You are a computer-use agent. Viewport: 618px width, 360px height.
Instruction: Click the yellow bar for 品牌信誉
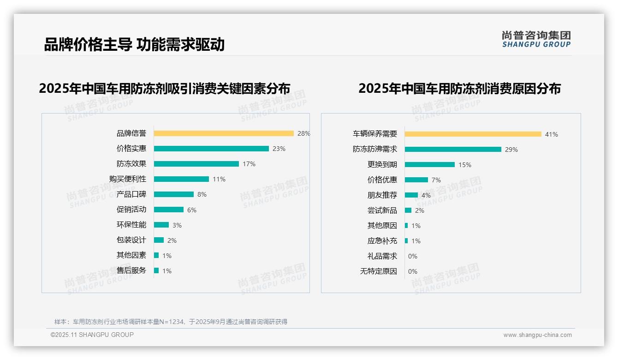224,133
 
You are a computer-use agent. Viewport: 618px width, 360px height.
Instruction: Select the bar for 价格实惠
211,149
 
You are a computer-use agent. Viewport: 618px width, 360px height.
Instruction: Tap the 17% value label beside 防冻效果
249,164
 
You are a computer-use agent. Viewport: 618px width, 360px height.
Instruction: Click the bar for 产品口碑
174,194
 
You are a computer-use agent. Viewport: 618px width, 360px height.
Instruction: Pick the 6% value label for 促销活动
192,210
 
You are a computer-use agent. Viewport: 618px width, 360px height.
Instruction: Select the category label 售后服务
131,270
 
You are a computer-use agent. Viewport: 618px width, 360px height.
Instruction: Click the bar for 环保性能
161,225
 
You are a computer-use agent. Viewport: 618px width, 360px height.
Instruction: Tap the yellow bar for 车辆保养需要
473,134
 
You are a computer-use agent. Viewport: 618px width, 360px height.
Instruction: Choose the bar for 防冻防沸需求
453,150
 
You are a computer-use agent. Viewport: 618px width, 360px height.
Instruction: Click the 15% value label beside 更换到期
465,165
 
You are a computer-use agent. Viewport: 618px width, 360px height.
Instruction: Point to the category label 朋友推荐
382,195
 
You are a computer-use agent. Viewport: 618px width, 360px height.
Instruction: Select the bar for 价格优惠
416,180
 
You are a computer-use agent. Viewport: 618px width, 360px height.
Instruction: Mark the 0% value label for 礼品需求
413,256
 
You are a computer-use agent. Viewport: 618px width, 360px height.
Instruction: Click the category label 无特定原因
379,271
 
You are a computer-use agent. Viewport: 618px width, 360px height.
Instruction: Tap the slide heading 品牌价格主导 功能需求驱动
134,44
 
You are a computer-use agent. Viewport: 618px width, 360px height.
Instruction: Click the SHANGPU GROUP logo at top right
536,39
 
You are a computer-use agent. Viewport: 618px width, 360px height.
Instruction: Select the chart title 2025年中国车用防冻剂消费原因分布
459,89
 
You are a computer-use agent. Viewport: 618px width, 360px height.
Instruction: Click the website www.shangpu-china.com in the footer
537,335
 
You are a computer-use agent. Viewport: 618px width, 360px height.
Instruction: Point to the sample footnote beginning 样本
171,322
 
